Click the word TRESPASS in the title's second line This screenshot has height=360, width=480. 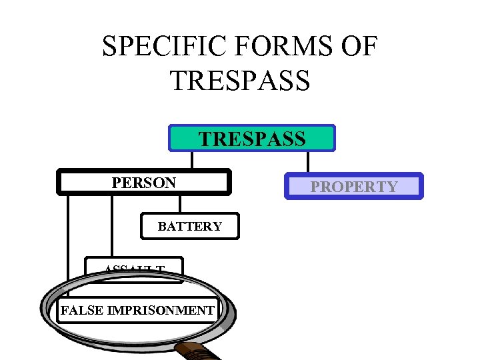(x=240, y=79)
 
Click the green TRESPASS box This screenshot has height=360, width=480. (x=252, y=138)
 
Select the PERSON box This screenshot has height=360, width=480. (x=144, y=182)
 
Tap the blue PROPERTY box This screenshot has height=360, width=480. (x=354, y=187)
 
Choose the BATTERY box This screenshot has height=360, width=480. (x=190, y=226)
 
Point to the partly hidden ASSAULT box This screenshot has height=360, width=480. (x=134, y=271)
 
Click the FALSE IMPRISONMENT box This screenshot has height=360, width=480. (x=137, y=310)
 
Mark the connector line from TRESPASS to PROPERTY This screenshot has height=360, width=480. (x=307, y=162)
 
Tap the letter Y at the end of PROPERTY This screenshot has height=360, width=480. (x=393, y=187)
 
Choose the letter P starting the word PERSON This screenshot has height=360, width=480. (x=116, y=182)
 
